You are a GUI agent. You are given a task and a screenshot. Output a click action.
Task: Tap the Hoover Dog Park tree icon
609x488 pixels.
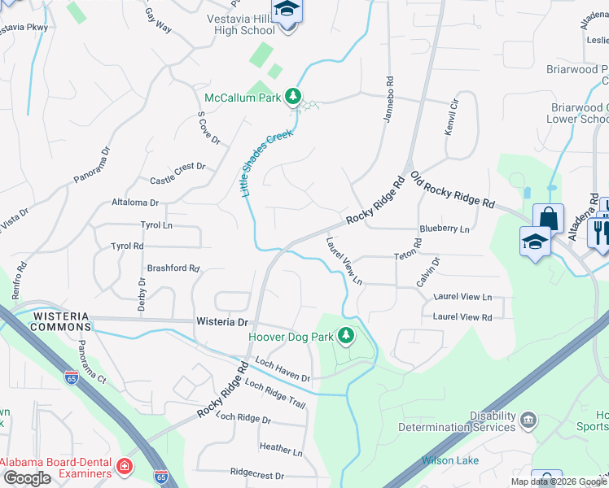click(347, 334)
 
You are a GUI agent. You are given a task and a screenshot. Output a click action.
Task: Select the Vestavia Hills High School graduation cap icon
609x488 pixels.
click(286, 11)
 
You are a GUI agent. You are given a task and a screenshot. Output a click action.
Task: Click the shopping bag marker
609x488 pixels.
click(548, 218)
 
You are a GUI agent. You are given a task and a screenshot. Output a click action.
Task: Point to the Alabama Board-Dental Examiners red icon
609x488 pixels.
click(125, 467)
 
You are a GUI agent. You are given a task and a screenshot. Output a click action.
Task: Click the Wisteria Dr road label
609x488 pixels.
click(221, 322)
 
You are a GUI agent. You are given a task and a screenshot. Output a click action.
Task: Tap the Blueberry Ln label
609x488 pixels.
click(445, 229)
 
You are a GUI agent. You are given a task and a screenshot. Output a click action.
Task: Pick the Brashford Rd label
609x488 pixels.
click(173, 268)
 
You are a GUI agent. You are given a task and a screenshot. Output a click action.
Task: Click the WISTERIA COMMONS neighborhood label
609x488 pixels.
click(61, 320)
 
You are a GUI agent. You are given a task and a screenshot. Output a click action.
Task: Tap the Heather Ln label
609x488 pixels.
click(280, 448)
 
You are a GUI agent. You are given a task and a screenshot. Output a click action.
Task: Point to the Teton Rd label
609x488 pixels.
click(418, 248)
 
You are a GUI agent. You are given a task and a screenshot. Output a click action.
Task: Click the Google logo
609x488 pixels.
click(27, 478)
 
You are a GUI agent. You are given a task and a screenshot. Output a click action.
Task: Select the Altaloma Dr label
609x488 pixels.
click(135, 203)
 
